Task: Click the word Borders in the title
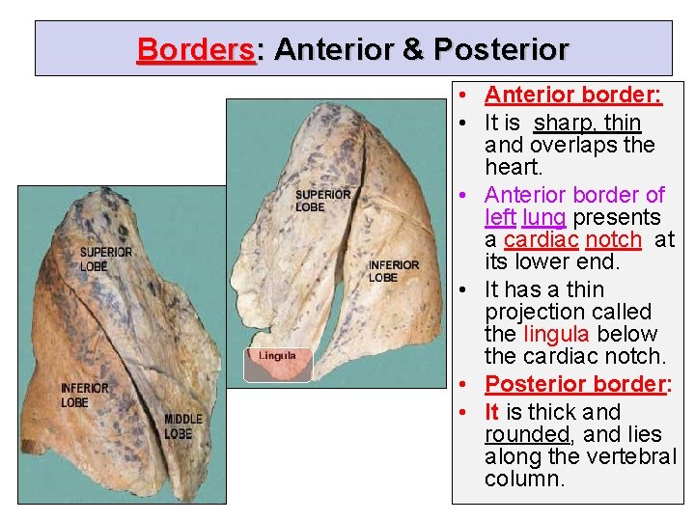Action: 196,49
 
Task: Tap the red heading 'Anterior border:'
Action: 572,95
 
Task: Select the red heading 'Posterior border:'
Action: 578,384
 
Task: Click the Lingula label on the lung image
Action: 278,356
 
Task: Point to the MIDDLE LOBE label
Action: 183,426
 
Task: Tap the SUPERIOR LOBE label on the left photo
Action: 105,259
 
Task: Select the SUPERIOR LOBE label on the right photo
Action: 323,201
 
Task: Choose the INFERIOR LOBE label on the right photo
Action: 394,271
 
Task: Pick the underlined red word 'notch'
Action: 613,239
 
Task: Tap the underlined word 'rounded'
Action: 527,434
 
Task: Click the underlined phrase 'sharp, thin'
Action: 587,123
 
